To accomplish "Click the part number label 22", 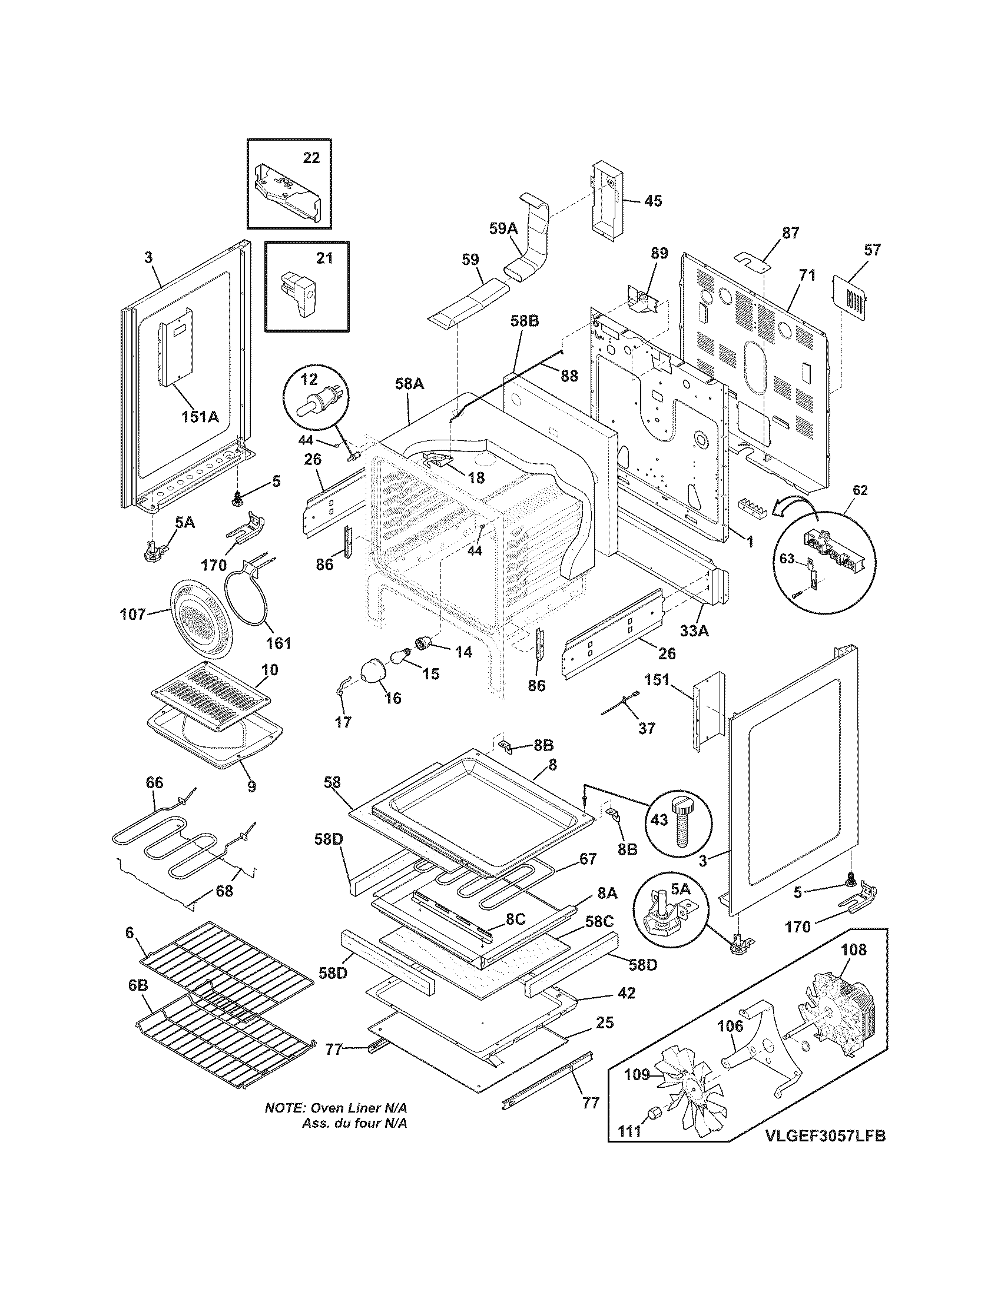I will tap(311, 158).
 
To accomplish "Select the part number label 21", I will tap(324, 258).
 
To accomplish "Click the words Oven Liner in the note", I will tap(347, 1108).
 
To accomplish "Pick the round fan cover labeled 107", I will tap(200, 617).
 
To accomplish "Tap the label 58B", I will tap(524, 321).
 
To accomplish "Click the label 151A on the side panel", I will tap(200, 417).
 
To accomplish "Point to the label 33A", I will tap(694, 631).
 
